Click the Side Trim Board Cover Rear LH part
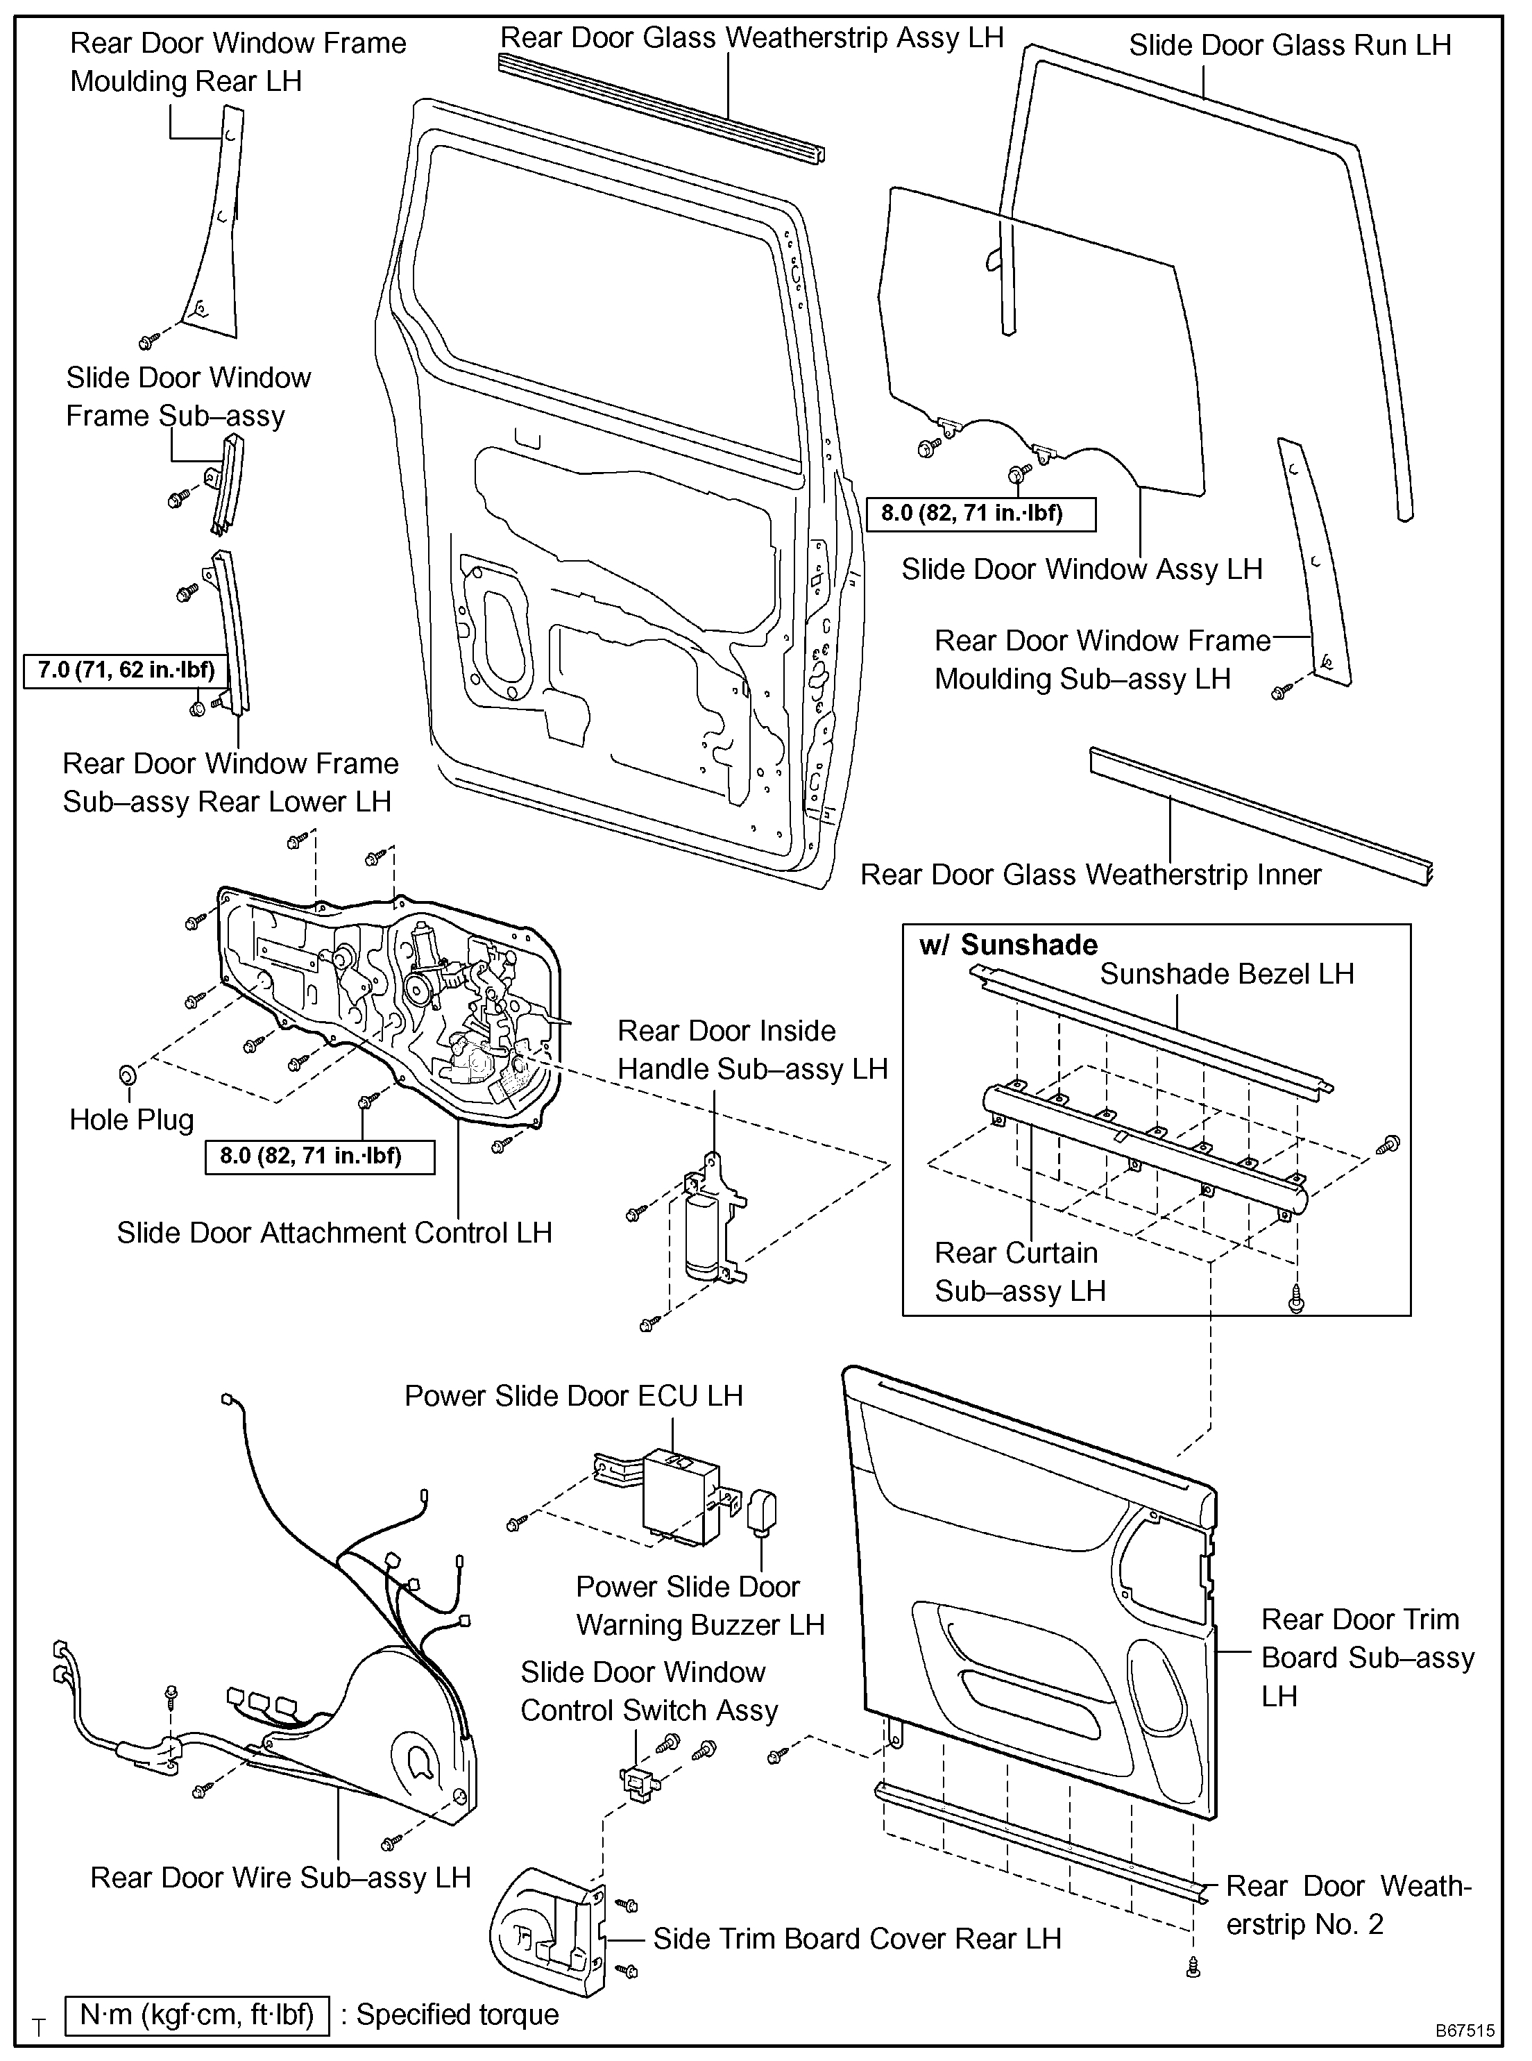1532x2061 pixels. pos(546,1929)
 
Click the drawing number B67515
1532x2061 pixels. pos(1464,2030)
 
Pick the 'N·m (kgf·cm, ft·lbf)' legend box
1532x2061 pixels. pos(196,2014)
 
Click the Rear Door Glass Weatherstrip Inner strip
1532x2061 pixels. pos(1261,816)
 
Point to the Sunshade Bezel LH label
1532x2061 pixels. pos(1227,974)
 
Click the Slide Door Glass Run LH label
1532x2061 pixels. pos(1289,44)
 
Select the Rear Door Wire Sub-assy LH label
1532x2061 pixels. pos(281,1877)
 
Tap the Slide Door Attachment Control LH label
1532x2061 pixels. pos(334,1233)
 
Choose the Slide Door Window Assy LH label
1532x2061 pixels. pos(1081,569)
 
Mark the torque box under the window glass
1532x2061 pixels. pos(981,514)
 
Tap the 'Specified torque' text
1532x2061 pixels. pos(457,2014)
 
